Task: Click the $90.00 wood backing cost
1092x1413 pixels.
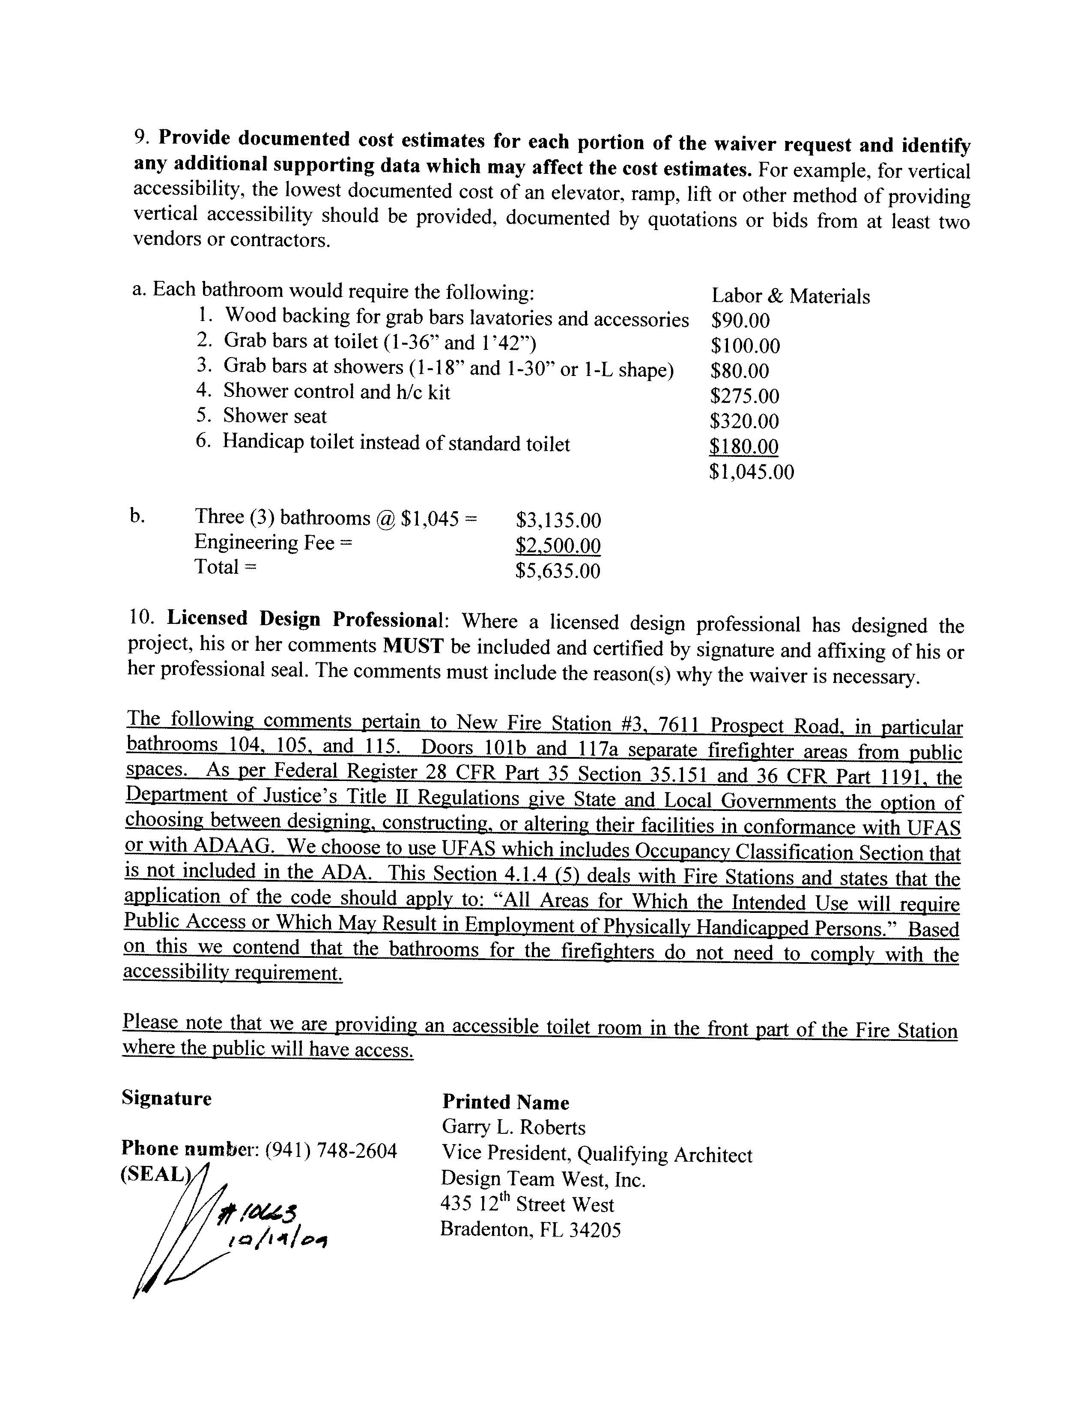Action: click(740, 321)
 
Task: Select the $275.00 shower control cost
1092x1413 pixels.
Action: click(745, 396)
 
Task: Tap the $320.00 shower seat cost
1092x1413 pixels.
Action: click(745, 421)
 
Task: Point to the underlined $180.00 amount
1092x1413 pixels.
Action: click(744, 447)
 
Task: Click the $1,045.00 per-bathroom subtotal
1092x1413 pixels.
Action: click(751, 472)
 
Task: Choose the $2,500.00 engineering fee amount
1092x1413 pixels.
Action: click(558, 546)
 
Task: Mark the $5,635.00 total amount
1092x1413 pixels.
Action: click(558, 571)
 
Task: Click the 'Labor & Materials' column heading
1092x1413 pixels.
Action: click(791, 296)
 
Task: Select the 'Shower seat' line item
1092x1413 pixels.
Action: click(275, 416)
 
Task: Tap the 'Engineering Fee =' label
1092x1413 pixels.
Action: click(274, 542)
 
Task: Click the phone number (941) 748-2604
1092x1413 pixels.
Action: click(331, 1150)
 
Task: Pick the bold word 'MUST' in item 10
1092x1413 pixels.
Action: click(413, 646)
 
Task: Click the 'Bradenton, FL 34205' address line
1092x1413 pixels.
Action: click(531, 1229)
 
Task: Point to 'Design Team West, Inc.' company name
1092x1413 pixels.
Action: click(543, 1179)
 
